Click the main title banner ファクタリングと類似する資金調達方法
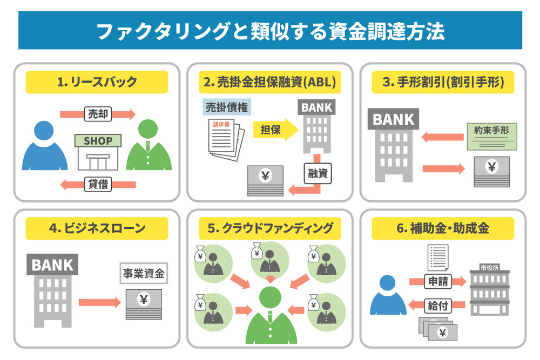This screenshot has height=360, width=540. click(270, 31)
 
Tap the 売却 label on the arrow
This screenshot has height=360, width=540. click(98, 114)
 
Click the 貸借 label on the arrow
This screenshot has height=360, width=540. click(98, 184)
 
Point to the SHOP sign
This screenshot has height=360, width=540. click(98, 141)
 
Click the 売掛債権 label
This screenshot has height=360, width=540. click(226, 106)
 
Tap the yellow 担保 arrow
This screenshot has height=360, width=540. click(275, 130)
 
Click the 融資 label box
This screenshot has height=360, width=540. click(316, 174)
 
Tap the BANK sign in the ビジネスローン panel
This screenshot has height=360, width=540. click(52, 265)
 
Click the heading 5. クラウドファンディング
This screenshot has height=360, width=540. click(270, 228)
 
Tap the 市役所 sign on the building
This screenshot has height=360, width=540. click(489, 268)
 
